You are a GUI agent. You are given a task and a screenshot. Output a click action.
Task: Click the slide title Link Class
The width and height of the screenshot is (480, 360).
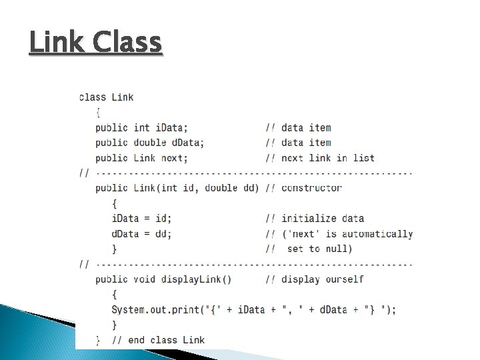point(95,43)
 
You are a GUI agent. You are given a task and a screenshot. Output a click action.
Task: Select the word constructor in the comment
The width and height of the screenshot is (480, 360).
point(311,188)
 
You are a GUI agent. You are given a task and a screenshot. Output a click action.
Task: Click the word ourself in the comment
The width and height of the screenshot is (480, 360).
point(345,279)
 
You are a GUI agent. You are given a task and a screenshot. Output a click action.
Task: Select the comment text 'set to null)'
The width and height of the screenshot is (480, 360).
point(320,249)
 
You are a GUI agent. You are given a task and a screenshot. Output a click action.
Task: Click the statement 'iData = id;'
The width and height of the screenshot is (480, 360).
point(141,219)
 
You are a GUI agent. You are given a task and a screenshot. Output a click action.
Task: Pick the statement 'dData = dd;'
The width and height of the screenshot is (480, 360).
point(141,234)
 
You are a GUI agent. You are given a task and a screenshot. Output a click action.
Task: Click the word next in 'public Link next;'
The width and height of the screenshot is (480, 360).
point(174,158)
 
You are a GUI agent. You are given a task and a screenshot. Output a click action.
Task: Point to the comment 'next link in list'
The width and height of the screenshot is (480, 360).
point(328,158)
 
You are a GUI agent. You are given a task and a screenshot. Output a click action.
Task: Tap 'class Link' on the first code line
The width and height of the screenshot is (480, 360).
point(106,97)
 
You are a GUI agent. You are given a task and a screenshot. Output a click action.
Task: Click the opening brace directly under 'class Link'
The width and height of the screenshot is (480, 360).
point(99,112)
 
